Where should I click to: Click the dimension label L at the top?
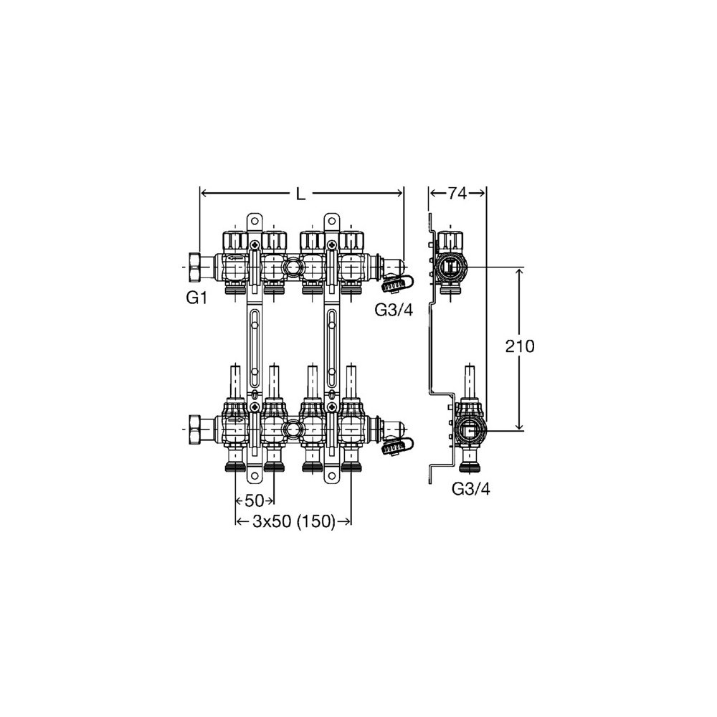(x=300, y=194)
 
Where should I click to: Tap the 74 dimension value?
(x=457, y=194)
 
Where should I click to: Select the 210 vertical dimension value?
(x=519, y=346)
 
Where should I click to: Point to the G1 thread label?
(x=196, y=298)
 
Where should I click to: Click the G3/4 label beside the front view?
(x=394, y=310)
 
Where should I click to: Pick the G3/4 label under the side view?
(x=470, y=489)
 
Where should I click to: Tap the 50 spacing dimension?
(x=255, y=501)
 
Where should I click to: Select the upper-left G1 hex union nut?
(x=195, y=267)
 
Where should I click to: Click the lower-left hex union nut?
(x=195, y=429)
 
